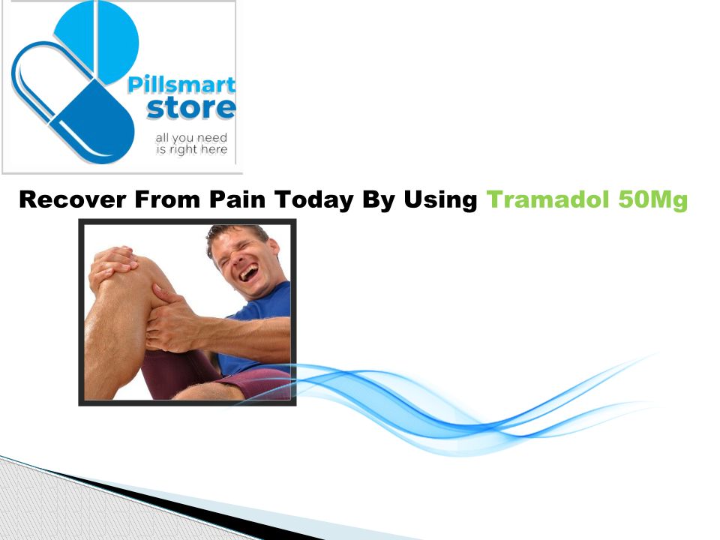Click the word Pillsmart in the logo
pos(181,85)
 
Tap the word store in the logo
pos(191,108)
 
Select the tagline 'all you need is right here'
pos(191,144)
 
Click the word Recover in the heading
pos(73,199)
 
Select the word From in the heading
pos(167,199)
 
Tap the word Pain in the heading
pos(238,199)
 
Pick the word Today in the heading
pos(314,200)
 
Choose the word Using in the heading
pos(440,200)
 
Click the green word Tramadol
pos(547,199)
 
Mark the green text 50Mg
pos(653,200)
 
